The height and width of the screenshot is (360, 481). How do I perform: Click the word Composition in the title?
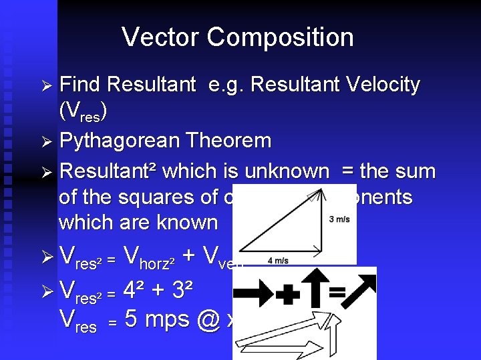(x=280, y=37)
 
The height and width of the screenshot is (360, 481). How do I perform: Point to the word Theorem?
(x=236, y=141)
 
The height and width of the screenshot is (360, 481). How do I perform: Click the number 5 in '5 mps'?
(x=132, y=319)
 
